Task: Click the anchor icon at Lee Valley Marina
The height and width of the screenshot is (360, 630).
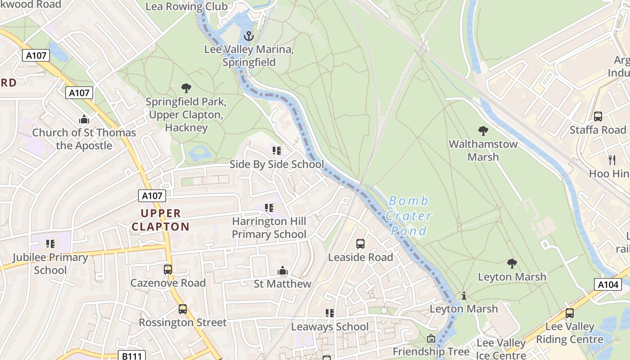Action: pos(248,36)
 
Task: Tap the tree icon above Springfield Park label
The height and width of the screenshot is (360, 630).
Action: pos(186,88)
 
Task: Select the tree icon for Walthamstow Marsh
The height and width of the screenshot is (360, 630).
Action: pos(483,131)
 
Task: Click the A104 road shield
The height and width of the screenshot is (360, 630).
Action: pos(608,284)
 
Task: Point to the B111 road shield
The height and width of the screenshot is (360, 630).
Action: pos(132,356)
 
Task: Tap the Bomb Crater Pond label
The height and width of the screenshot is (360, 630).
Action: pos(409,216)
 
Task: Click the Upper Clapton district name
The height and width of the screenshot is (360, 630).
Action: pos(160,220)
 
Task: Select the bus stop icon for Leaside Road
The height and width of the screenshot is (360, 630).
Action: pos(360,244)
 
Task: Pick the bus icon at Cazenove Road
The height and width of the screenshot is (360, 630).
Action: pos(168,270)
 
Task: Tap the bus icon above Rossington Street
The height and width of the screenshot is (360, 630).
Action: pos(183,309)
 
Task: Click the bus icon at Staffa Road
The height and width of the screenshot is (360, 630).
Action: pos(598,117)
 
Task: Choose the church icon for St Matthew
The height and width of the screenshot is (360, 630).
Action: pos(283,270)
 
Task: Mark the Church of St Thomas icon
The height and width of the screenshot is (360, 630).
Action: pos(84,119)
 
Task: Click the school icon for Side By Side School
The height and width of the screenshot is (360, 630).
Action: pos(277,150)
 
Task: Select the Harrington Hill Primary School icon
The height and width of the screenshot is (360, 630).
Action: pos(269,208)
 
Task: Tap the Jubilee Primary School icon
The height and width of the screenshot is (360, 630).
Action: pos(50,244)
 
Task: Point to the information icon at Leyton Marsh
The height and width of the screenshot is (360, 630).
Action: pos(464,296)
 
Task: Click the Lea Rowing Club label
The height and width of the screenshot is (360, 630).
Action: pos(186,6)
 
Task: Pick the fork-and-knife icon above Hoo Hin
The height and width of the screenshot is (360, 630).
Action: pos(612,160)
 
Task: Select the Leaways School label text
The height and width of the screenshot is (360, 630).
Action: pos(330,327)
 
